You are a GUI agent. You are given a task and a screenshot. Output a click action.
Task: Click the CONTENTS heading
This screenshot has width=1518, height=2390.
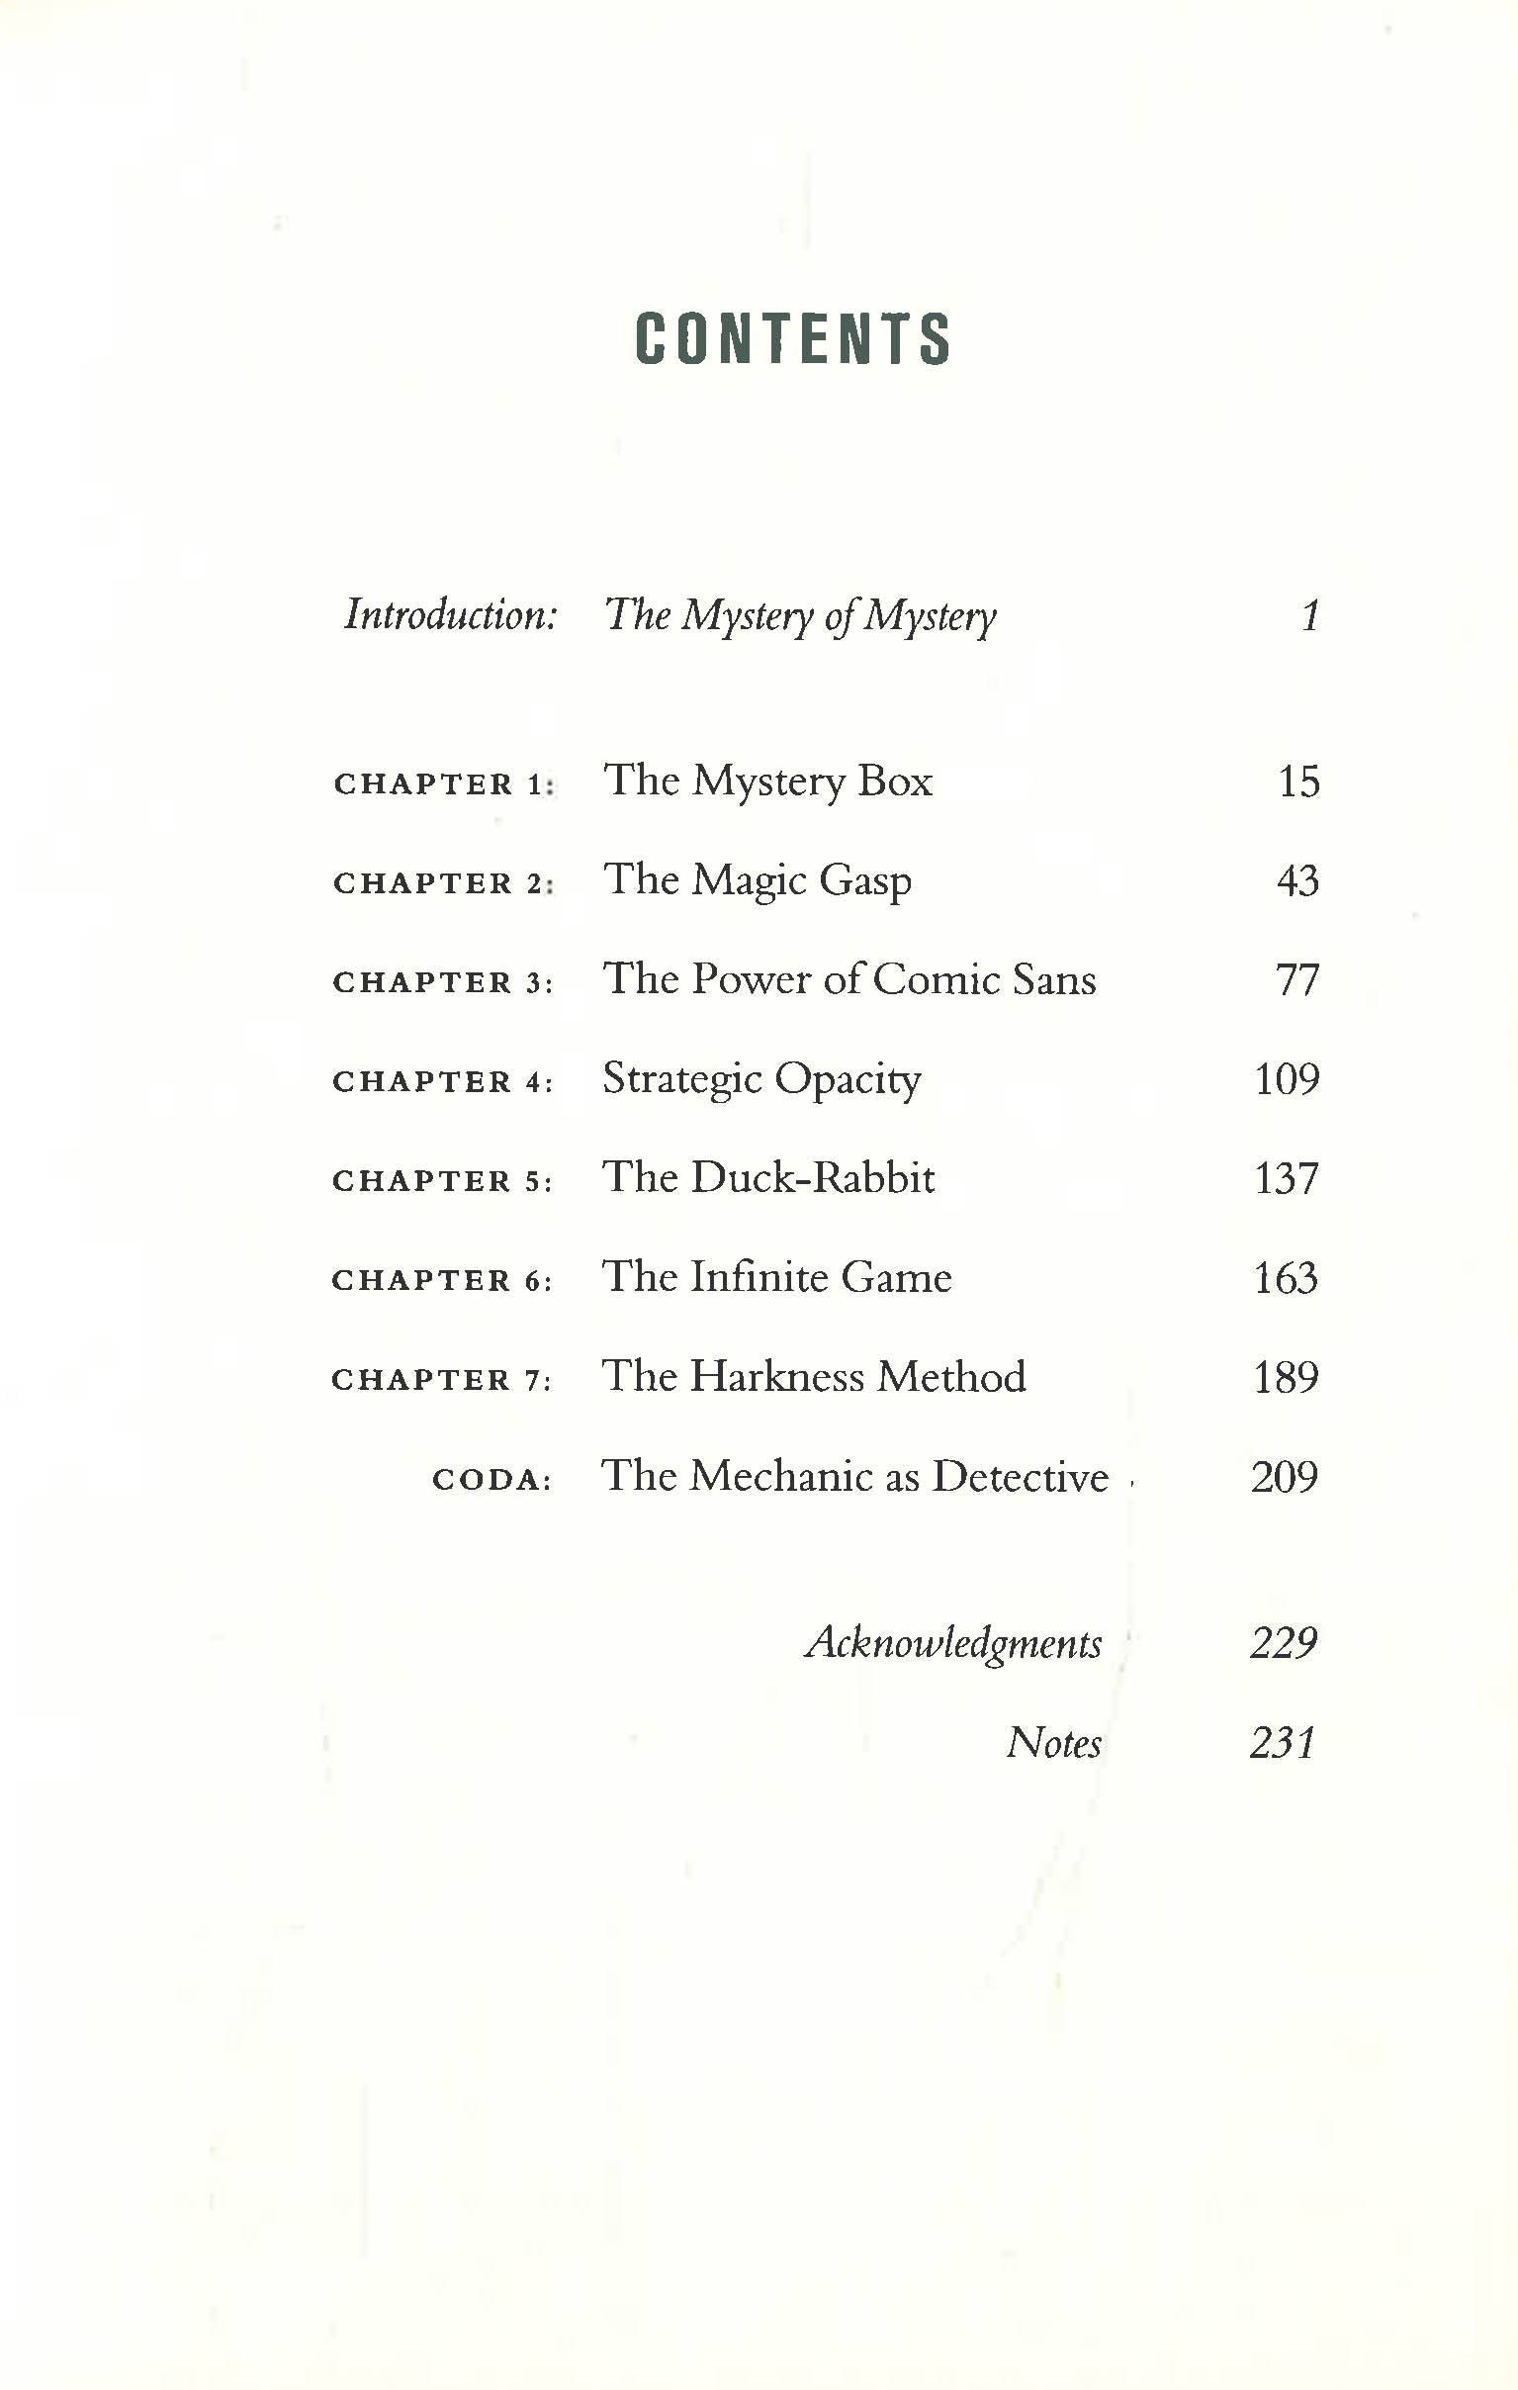tap(792, 338)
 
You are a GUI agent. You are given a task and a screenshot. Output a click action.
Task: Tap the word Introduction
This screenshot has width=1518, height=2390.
tap(449, 614)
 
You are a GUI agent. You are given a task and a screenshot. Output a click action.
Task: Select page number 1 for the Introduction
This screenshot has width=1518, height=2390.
tap(1309, 615)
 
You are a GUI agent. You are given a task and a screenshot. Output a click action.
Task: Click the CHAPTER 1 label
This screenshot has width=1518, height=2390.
tap(442, 784)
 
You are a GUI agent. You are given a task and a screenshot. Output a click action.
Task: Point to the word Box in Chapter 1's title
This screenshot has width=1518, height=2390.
tap(895, 781)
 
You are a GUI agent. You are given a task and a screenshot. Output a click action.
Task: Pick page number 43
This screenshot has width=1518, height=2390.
tap(1296, 880)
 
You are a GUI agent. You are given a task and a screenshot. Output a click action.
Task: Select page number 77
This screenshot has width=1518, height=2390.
tap(1296, 979)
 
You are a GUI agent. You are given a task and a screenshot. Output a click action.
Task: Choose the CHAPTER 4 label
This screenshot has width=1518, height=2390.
tap(441, 1082)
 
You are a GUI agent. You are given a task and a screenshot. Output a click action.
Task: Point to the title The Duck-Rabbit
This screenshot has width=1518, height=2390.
tap(768, 1178)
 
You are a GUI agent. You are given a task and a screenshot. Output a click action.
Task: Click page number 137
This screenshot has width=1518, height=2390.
tap(1286, 1178)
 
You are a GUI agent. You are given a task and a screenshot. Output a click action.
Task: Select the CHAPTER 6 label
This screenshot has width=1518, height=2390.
tap(440, 1280)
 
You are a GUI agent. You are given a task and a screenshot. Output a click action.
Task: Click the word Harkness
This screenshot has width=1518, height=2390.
tap(777, 1377)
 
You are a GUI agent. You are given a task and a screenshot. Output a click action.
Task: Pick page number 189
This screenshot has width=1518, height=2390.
tap(1286, 1377)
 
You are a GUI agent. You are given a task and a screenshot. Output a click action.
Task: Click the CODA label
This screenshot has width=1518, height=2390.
tap(491, 1480)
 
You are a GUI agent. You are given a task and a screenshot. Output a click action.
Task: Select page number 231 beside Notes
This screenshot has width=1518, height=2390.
tap(1283, 1743)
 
